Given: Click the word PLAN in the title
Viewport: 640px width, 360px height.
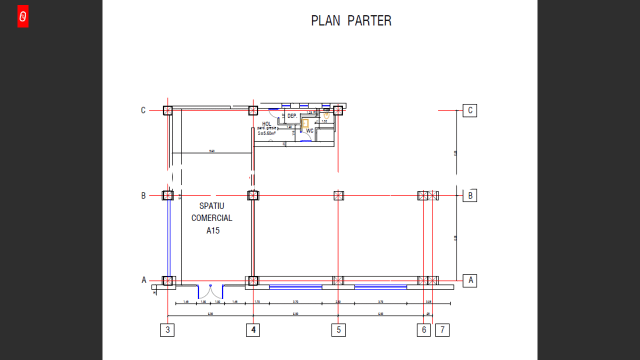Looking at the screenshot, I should point(325,21).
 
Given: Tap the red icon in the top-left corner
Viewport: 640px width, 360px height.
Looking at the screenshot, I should point(23,16).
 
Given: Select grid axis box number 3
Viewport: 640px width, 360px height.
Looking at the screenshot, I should point(167,330).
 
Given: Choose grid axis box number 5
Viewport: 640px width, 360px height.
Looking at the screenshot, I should point(338,330).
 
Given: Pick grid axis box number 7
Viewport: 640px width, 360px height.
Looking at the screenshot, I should point(442,330).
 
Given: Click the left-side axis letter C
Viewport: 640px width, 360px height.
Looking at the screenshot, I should point(143,110).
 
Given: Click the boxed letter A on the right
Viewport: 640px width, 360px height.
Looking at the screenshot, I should point(470,280).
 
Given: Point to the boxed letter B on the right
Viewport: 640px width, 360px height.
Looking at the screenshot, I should point(470,195).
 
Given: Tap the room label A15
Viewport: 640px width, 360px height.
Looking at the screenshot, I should point(213,230).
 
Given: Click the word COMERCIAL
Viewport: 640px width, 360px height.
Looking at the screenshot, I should point(212,218).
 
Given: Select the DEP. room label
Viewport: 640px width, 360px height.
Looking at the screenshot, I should point(292,116).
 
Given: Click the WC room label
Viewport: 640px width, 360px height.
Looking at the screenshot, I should point(310,131).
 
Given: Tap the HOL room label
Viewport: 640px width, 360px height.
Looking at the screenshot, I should point(266,124).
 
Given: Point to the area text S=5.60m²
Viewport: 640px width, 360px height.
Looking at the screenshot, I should point(267,133).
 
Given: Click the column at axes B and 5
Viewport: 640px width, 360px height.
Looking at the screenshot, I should point(338,195).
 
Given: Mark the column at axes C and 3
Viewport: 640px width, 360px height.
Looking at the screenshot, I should point(168,110).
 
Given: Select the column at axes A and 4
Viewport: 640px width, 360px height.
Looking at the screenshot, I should point(253,280).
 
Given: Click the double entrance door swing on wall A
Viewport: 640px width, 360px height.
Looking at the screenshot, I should point(210,292).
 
